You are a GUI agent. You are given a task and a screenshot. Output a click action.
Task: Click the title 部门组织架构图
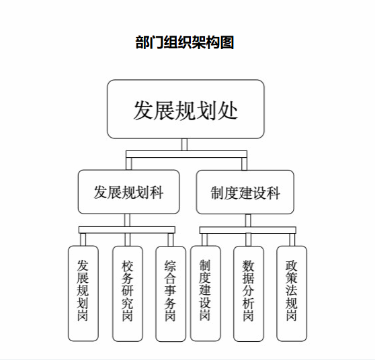(184, 42)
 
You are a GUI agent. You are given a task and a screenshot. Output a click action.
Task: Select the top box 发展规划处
(185, 109)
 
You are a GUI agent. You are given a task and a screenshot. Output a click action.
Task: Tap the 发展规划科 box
(128, 191)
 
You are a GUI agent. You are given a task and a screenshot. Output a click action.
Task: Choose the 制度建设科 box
(245, 192)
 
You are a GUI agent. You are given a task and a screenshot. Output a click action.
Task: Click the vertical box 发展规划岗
(83, 294)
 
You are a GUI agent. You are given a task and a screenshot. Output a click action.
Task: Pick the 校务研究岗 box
(128, 294)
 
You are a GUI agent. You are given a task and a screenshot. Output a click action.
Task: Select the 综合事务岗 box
(171, 294)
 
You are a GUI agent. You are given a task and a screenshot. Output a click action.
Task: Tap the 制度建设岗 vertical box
(205, 294)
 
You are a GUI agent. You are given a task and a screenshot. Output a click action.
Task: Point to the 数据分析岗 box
(249, 294)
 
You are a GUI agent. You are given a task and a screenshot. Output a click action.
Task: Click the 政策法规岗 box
(292, 294)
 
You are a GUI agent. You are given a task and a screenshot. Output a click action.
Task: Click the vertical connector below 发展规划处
(184, 144)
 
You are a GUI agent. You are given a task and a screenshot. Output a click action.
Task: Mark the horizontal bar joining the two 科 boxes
(186, 154)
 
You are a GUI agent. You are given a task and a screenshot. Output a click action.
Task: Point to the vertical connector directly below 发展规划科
(128, 220)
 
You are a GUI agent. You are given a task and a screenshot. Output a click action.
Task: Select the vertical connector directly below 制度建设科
(248, 220)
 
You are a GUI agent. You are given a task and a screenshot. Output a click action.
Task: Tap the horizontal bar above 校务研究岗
(127, 230)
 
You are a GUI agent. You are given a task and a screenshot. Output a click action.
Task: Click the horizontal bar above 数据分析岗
(248, 230)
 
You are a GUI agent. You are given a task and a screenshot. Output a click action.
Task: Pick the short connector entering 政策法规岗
(292, 240)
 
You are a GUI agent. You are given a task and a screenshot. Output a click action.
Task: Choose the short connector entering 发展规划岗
(83, 240)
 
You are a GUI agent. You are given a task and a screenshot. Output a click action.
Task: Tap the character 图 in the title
(226, 42)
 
